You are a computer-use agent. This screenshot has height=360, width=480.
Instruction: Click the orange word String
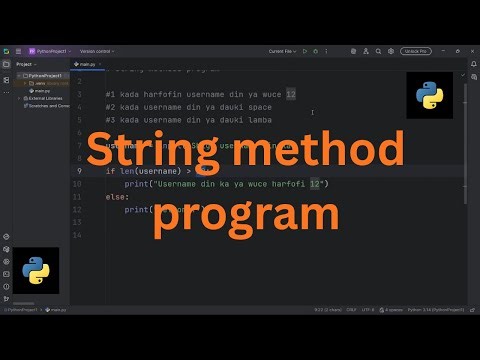click(170, 152)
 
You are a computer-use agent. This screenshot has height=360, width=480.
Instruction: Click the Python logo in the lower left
click(36, 269)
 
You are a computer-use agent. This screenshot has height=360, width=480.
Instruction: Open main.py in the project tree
click(41, 90)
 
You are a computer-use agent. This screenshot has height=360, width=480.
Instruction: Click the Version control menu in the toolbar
click(98, 50)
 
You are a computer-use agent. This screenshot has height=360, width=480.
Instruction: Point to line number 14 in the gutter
click(77, 235)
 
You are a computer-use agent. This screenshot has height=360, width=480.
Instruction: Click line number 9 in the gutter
click(78, 171)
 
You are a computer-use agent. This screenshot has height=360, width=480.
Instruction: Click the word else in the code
click(115, 197)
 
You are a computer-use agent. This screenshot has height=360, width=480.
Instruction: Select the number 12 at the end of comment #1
click(290, 93)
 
